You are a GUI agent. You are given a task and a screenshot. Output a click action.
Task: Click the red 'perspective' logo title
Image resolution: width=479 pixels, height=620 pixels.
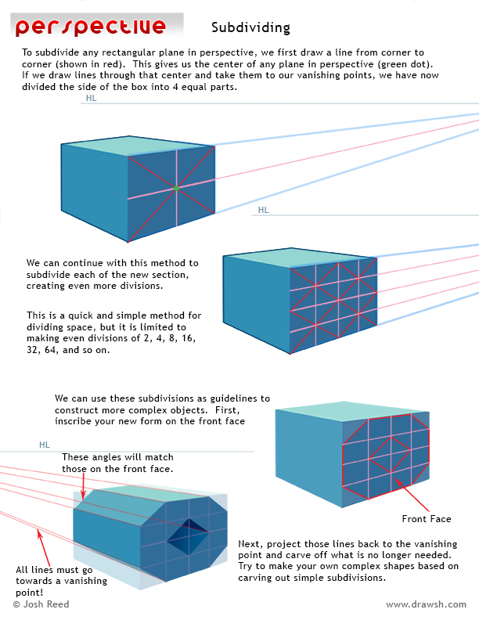[x=90, y=27]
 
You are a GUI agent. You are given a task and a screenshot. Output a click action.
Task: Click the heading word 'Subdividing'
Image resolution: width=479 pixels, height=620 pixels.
[x=250, y=28]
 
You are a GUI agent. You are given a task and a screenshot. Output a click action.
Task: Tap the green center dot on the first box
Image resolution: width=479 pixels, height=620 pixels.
[x=177, y=188]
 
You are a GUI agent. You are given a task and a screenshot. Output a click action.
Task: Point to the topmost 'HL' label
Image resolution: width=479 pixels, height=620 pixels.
[x=92, y=99]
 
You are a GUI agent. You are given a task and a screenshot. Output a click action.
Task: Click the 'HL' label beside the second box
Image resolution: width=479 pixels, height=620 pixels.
[x=263, y=210]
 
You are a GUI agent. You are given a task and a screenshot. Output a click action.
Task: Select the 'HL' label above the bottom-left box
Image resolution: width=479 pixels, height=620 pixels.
[x=45, y=445]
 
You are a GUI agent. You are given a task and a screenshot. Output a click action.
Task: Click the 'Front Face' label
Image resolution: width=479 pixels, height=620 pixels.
[x=426, y=519]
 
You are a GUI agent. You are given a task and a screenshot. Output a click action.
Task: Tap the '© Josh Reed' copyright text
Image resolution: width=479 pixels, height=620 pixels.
[x=41, y=604]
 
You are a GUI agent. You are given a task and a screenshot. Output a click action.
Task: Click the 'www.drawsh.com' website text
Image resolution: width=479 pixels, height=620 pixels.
[x=426, y=604]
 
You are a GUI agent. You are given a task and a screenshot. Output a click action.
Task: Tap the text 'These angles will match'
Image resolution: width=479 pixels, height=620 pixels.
[x=117, y=457]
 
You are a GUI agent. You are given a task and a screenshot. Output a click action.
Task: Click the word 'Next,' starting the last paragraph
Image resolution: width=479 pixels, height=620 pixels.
[x=251, y=543]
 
